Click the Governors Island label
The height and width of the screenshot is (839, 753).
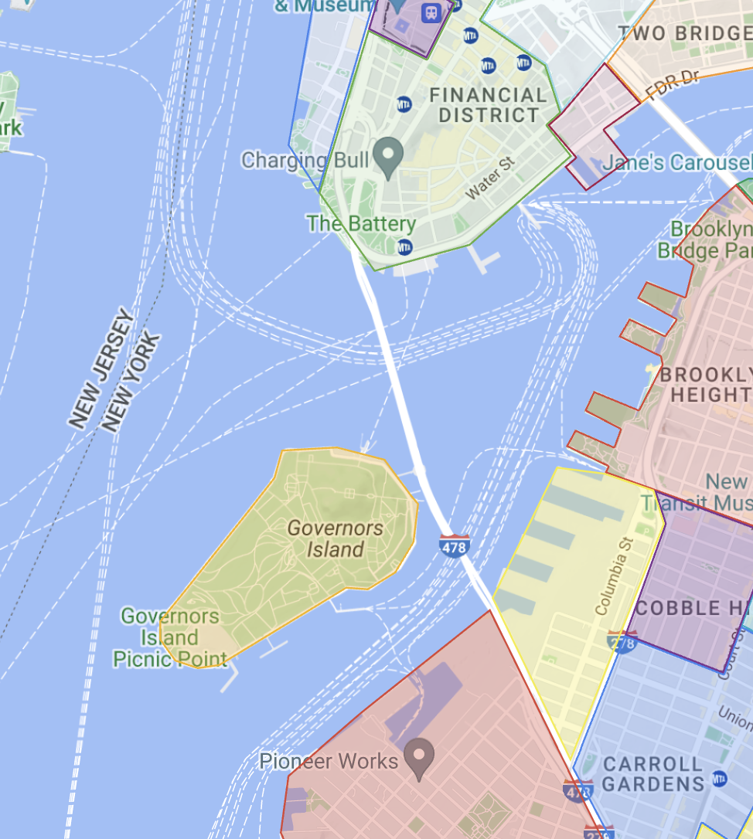[336, 538]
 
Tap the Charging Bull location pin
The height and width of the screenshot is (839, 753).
[388, 155]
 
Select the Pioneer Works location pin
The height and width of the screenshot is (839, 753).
[420, 757]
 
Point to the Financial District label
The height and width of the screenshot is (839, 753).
[488, 105]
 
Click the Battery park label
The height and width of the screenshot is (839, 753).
[361, 224]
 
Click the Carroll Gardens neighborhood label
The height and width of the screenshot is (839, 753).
[653, 774]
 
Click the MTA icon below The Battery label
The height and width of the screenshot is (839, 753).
[404, 247]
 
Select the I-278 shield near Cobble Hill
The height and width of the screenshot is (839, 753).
[623, 641]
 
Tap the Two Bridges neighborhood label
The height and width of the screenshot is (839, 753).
[685, 33]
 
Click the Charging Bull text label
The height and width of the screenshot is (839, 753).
[306, 161]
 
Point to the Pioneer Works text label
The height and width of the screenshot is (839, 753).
[329, 761]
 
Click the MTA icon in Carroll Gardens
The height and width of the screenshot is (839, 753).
[720, 777]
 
